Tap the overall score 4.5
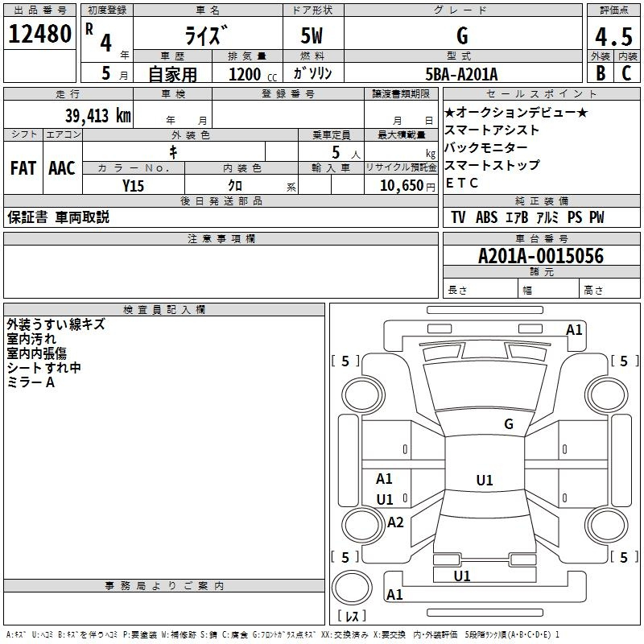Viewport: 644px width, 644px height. click(x=613, y=37)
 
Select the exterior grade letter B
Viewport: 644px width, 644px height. click(x=600, y=73)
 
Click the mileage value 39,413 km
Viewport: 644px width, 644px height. click(x=97, y=116)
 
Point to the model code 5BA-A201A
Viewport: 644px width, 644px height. click(x=461, y=74)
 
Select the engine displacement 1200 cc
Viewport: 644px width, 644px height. click(x=249, y=74)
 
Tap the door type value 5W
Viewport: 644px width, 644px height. click(x=314, y=36)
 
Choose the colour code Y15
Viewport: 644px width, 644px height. click(x=133, y=185)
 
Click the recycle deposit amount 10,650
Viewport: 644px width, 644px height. click(x=400, y=185)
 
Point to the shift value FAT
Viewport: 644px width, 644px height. click(x=23, y=168)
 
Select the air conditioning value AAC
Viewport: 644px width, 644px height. click(x=61, y=168)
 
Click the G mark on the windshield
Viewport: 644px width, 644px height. click(x=508, y=423)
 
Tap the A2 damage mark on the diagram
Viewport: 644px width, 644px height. click(x=395, y=522)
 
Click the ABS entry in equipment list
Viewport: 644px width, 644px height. click(x=486, y=217)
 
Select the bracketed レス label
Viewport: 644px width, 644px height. click(x=352, y=617)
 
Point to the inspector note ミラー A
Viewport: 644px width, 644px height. click(x=31, y=382)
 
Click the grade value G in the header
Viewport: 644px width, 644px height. click(x=461, y=36)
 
